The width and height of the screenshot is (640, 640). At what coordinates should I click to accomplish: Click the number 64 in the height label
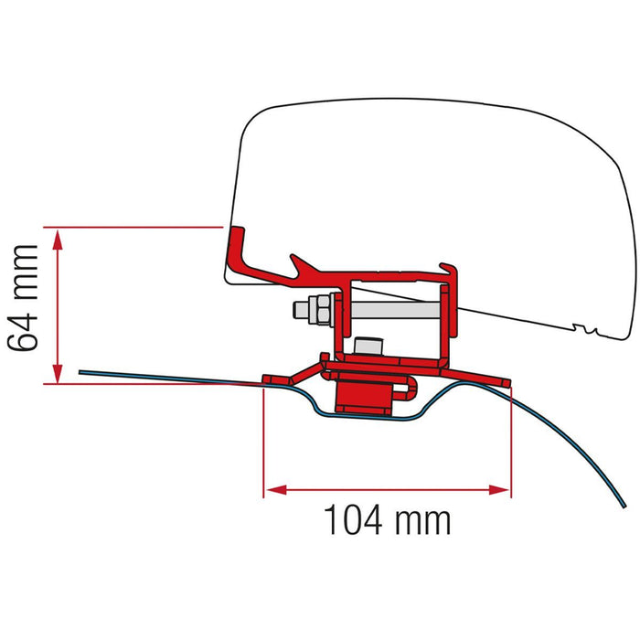23,331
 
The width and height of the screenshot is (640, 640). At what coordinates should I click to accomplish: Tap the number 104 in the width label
354,519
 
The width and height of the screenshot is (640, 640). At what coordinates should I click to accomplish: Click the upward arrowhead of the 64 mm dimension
58,240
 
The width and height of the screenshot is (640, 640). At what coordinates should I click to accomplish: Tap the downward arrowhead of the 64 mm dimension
58,373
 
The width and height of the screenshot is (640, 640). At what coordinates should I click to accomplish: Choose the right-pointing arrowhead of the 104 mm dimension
499,489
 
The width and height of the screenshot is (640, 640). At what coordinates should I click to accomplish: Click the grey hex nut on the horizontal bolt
319,309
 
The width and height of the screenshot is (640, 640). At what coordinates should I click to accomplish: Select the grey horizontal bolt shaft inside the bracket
395,310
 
